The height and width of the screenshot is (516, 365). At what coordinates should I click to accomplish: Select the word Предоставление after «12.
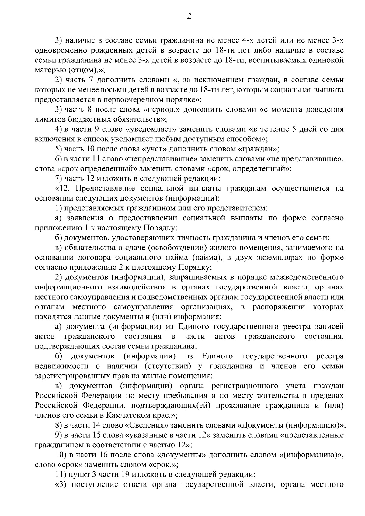[x=104, y=189]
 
